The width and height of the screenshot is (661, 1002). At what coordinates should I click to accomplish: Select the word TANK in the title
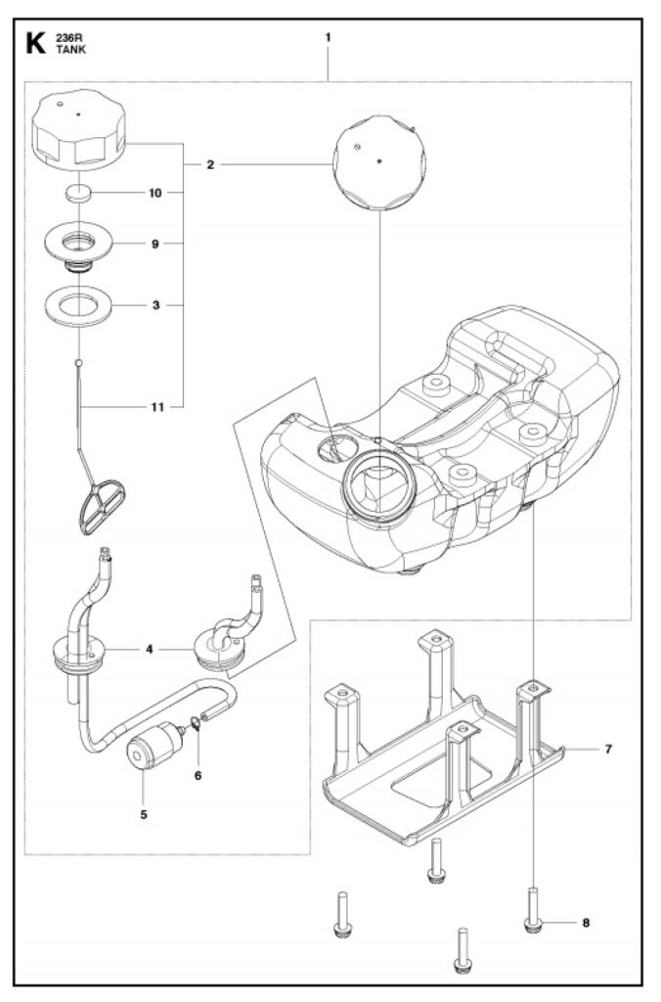[x=71, y=49]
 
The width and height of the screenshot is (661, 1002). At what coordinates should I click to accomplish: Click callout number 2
[x=210, y=165]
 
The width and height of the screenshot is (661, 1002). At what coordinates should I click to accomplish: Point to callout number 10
[x=154, y=194]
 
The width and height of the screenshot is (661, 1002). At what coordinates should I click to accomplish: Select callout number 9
[x=154, y=243]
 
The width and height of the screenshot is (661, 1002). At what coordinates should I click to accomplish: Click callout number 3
[x=155, y=305]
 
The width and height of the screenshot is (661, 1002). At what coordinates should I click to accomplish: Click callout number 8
[x=586, y=922]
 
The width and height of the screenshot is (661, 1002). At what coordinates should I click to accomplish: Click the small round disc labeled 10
[x=77, y=193]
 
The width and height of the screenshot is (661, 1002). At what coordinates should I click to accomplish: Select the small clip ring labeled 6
[x=196, y=724]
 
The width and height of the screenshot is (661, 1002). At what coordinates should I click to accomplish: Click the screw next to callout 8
[x=533, y=912]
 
